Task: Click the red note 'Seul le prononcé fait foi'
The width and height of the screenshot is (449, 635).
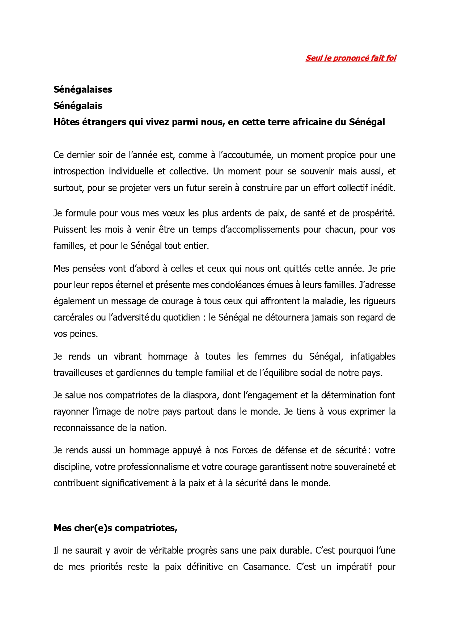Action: click(x=351, y=58)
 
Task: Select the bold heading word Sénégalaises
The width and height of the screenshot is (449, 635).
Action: click(x=82, y=89)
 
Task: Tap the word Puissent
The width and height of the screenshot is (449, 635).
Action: click(x=70, y=229)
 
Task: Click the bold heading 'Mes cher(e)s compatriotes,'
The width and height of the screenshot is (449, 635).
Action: click(x=115, y=528)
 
